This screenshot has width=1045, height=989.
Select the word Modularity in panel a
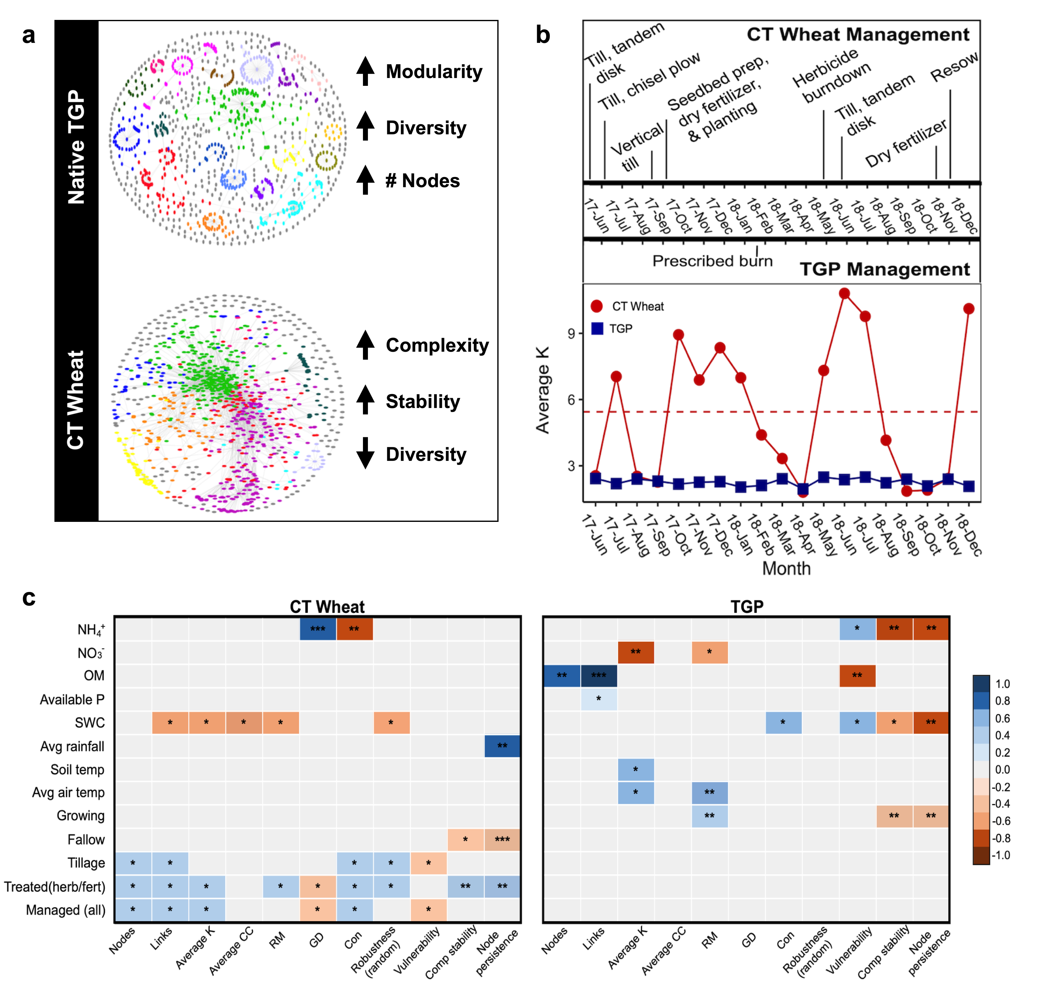point(434,72)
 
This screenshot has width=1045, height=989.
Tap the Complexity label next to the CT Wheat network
point(437,345)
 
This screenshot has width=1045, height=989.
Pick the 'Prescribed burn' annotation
point(712,261)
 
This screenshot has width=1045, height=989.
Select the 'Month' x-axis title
point(786,568)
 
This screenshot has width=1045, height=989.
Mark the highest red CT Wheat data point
point(844,294)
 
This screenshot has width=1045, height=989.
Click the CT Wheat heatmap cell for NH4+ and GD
point(318,629)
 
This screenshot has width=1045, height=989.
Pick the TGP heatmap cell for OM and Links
point(598,675)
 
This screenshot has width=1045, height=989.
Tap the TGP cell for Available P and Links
point(598,699)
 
